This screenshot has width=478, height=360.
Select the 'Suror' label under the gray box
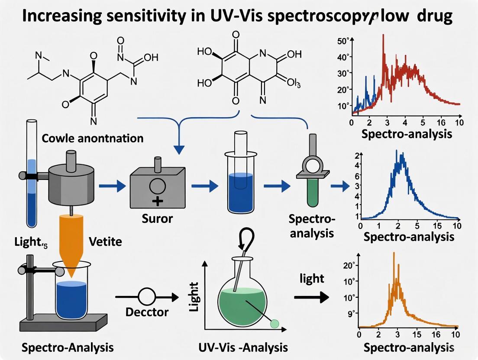pyautogui.click(x=157, y=219)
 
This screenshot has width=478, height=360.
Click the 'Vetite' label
pyautogui.click(x=105, y=241)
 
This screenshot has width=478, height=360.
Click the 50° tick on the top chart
pyautogui.click(x=342, y=41)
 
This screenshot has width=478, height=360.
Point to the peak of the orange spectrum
pyautogui.click(x=394, y=253)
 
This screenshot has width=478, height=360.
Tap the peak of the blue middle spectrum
pyautogui.click(x=397, y=151)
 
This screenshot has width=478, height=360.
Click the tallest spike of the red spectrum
pyautogui.click(x=383, y=35)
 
